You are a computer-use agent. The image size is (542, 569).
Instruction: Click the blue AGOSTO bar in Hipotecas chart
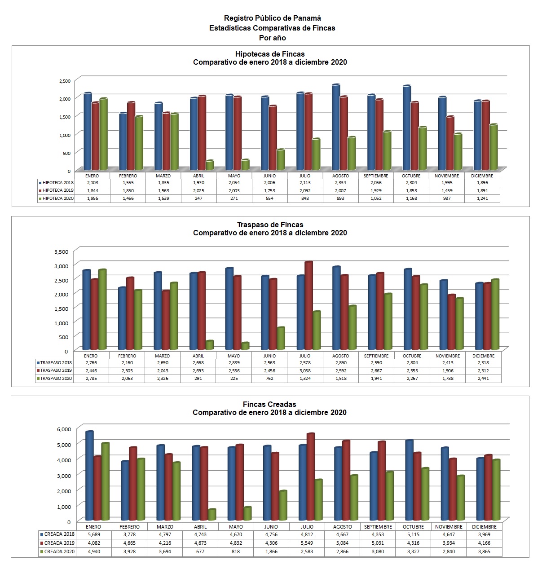click(336, 127)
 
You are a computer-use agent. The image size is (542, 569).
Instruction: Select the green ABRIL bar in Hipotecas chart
click(210, 165)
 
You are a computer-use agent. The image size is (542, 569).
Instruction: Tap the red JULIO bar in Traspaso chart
click(309, 306)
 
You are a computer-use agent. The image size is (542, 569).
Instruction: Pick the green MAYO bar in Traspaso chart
click(245, 346)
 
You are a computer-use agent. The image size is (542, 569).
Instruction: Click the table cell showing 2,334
click(340, 183)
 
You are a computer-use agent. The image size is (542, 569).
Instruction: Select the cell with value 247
click(198, 198)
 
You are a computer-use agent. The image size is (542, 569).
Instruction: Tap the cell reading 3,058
click(305, 371)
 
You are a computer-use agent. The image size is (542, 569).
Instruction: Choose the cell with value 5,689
click(94, 534)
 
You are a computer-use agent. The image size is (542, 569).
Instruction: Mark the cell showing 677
click(200, 551)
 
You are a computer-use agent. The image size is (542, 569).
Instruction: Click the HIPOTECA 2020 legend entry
click(56, 198)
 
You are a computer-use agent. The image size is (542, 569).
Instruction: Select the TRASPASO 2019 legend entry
click(54, 371)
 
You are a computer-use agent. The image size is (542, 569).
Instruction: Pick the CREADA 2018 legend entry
click(57, 534)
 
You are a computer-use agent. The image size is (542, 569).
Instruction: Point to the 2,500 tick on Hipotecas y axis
click(65, 81)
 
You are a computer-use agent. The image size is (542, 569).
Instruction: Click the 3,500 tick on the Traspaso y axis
click(62, 251)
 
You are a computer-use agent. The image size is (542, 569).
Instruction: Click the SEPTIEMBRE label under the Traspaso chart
click(376, 356)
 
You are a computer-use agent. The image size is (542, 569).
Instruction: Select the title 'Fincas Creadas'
click(269, 404)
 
